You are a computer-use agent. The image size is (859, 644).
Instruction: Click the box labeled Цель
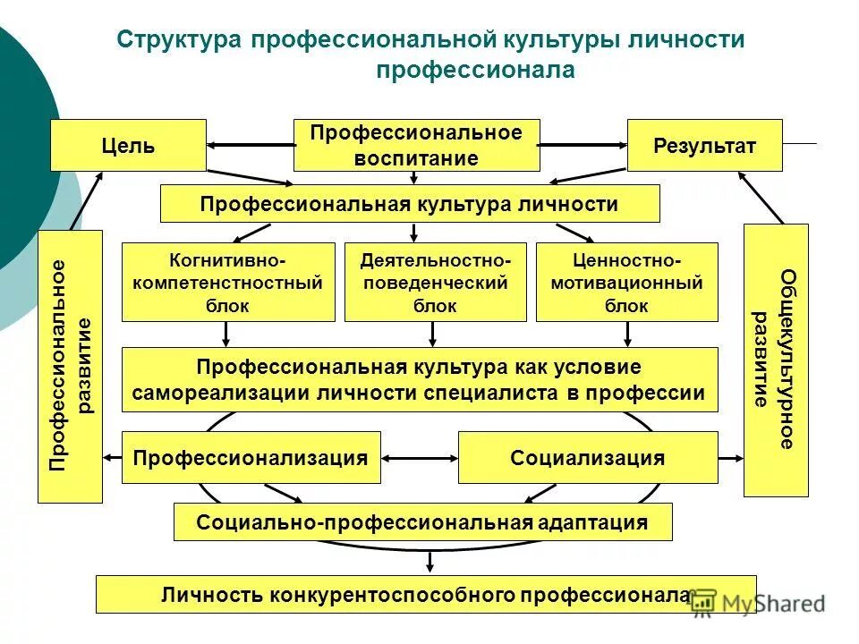(128, 145)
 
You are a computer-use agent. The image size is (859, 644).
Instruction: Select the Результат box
(704, 145)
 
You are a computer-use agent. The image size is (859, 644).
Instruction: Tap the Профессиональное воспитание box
(416, 145)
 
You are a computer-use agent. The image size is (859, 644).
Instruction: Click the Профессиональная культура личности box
(409, 204)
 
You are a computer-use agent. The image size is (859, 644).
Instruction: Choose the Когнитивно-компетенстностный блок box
(227, 283)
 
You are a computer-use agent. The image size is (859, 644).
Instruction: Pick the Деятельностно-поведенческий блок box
(435, 283)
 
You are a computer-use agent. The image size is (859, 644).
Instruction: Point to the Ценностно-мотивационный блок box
(626, 283)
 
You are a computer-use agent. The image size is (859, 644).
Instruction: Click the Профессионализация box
(251, 458)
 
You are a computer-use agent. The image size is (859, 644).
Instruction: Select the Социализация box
(587, 458)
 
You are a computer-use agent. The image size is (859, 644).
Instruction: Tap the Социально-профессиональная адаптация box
(422, 522)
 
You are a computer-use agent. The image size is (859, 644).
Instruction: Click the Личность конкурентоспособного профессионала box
(425, 594)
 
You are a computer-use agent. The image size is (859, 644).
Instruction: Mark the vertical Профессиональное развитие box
(71, 366)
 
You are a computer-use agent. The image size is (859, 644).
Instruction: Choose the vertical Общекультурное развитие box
(775, 360)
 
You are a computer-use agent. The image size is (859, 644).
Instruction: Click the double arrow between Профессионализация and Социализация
(420, 458)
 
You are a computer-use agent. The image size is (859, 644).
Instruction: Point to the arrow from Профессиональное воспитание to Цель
(251, 145)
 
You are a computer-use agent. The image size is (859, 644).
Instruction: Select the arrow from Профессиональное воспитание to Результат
(583, 145)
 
